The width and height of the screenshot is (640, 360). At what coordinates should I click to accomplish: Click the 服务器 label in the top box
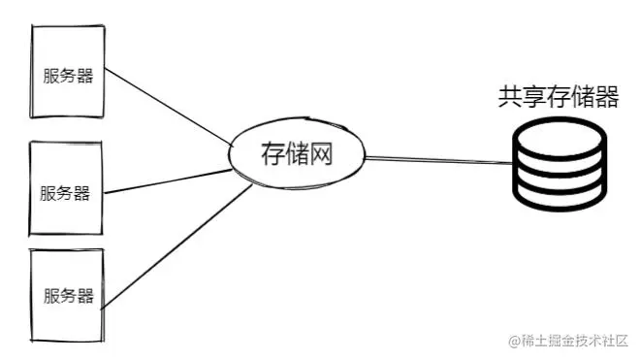pos(68,77)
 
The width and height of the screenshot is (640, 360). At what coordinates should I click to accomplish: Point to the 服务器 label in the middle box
pos(65,192)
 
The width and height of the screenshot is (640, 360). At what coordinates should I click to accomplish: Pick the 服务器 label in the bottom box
pos(68,296)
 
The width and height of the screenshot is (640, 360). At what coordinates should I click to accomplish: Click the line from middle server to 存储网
pos(165,180)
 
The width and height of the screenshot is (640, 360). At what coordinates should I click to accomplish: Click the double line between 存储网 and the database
pos(436,160)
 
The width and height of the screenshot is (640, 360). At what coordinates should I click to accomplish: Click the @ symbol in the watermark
pos(515,340)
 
